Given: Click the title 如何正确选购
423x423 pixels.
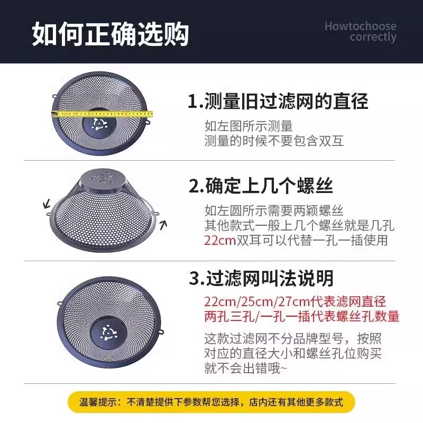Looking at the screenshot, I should click(x=111, y=33).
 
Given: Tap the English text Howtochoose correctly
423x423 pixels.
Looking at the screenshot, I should click(x=360, y=31).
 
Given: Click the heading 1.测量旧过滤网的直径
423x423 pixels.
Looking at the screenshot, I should click(x=278, y=100).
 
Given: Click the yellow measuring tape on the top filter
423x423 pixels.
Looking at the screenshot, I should click(x=101, y=113).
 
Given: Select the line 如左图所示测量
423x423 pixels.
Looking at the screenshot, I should click(x=249, y=126).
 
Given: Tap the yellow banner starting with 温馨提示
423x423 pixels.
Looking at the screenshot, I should click(x=211, y=402).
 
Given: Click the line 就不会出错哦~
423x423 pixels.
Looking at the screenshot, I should click(x=246, y=369).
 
